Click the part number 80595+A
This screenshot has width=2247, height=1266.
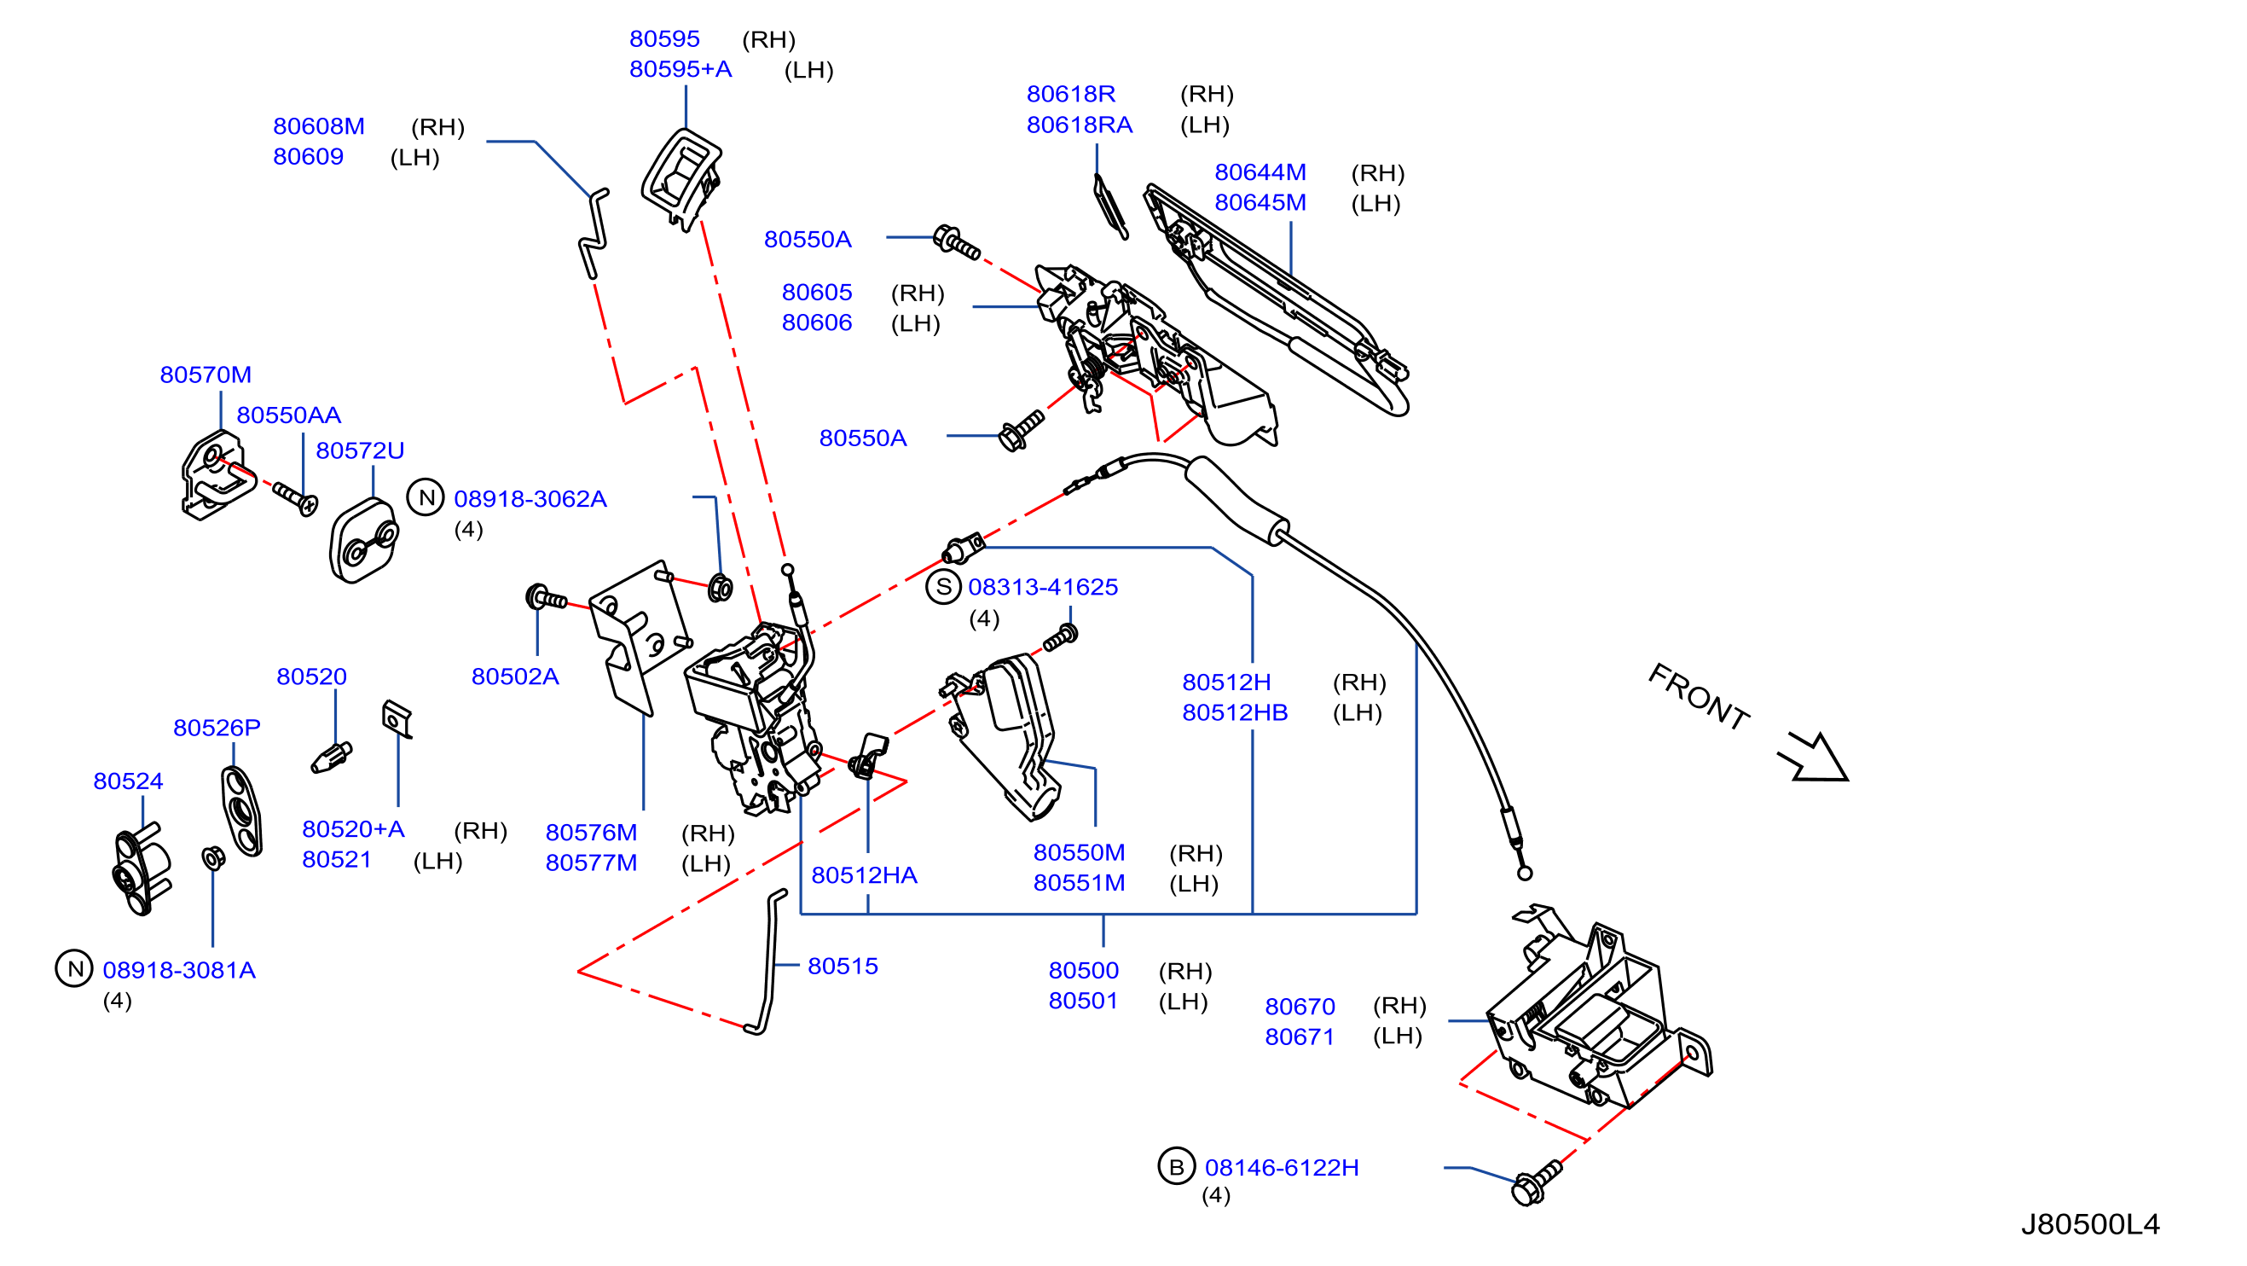point(680,69)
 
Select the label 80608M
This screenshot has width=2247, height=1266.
point(318,126)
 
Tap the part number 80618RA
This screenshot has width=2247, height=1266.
point(1079,125)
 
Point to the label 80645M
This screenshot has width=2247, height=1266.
point(1260,202)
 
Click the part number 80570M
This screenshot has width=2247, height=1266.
point(205,375)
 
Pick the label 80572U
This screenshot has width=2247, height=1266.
point(359,450)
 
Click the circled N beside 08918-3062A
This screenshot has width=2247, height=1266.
point(426,498)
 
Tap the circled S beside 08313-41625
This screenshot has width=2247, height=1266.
point(943,587)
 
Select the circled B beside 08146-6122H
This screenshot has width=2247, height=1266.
point(1176,1166)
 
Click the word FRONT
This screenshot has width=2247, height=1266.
point(1700,696)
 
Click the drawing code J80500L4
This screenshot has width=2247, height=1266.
point(2090,1225)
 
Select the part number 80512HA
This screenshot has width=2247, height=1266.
point(864,875)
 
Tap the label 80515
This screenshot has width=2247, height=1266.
point(842,966)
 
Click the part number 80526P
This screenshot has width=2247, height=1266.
point(217,728)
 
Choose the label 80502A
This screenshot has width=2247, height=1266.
point(515,677)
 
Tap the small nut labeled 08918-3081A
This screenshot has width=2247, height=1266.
point(213,857)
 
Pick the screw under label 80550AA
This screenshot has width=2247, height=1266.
point(296,498)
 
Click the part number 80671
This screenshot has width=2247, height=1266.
point(1300,1037)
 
